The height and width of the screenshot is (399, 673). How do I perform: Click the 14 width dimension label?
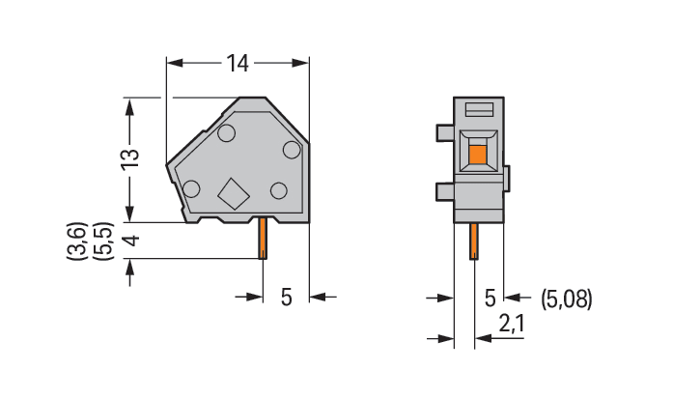(238, 64)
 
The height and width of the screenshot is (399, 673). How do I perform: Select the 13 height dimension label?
(130, 159)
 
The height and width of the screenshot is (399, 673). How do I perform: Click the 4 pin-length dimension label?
(131, 241)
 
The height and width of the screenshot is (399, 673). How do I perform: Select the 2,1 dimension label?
(511, 324)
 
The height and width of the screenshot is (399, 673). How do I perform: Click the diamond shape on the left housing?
(234, 194)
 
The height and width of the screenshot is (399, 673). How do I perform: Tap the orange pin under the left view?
(263, 238)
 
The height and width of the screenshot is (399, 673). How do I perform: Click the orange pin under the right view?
(474, 242)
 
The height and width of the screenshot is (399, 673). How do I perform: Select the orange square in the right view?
(478, 155)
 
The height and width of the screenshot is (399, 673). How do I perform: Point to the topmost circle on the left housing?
(226, 133)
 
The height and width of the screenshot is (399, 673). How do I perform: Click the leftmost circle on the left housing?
(191, 189)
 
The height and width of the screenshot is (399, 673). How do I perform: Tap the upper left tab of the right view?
(445, 132)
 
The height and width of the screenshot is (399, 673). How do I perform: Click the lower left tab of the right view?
(445, 191)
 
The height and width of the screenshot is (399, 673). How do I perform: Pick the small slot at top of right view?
(478, 110)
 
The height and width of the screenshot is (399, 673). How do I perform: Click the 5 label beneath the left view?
(286, 297)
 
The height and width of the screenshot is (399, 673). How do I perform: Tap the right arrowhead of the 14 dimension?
(300, 63)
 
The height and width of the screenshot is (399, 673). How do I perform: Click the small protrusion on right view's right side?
(507, 178)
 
